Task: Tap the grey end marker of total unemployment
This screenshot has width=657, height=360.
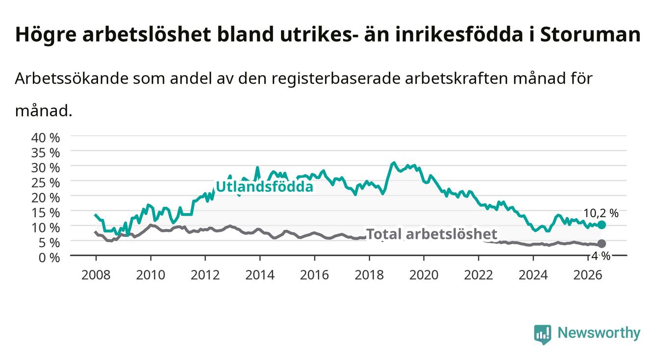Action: click(x=602, y=244)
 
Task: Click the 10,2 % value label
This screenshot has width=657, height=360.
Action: click(x=601, y=213)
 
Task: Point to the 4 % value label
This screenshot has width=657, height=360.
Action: click(x=601, y=256)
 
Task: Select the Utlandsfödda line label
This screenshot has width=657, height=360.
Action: click(x=264, y=186)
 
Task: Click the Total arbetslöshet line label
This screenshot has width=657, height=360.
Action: click(x=432, y=234)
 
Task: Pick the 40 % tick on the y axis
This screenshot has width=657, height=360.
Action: click(x=46, y=138)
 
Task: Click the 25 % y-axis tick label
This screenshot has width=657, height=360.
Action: click(x=46, y=183)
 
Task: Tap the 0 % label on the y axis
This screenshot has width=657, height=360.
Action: click(x=49, y=257)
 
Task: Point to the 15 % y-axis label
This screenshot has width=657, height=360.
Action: click(x=46, y=213)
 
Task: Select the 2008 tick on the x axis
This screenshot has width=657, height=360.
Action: click(x=96, y=275)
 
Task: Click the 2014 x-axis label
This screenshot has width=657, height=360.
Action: click(x=259, y=275)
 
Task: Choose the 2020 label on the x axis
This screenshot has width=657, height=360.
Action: click(x=424, y=275)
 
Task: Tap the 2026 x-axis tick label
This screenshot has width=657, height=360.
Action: click(x=587, y=275)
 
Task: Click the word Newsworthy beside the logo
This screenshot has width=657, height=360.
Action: click(x=599, y=333)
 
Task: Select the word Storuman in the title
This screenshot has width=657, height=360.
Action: click(x=590, y=34)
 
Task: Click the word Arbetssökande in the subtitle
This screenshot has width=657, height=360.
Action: click(x=72, y=78)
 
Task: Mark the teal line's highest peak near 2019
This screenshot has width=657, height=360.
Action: click(x=394, y=162)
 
